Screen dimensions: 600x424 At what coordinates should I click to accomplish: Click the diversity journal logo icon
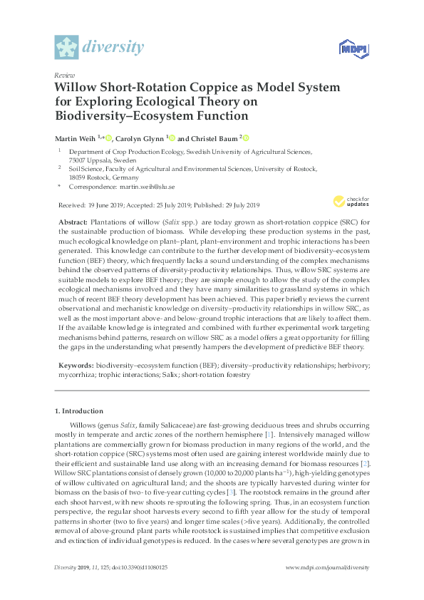(x=67, y=48)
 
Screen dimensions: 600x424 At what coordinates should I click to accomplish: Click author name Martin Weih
(x=76, y=138)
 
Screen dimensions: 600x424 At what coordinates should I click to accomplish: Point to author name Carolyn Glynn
(x=140, y=138)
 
